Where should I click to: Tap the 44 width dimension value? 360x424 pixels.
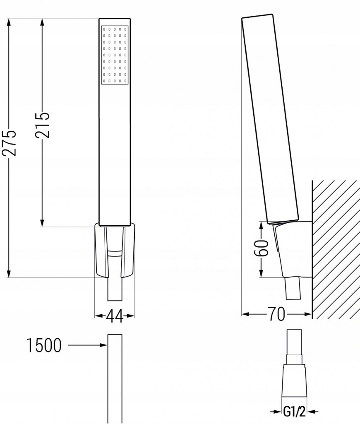pyautogui.click(x=115, y=317)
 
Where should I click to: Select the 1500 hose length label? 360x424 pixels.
pyautogui.click(x=44, y=345)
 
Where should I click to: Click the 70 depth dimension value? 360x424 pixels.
pyautogui.click(x=277, y=314)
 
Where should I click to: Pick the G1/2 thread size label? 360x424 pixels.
pyautogui.click(x=294, y=412)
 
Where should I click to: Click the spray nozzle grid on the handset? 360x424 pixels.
pyautogui.click(x=115, y=55)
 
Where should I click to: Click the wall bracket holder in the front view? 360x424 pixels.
pyautogui.click(x=115, y=251)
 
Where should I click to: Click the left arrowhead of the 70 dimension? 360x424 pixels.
pyautogui.click(x=245, y=314)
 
